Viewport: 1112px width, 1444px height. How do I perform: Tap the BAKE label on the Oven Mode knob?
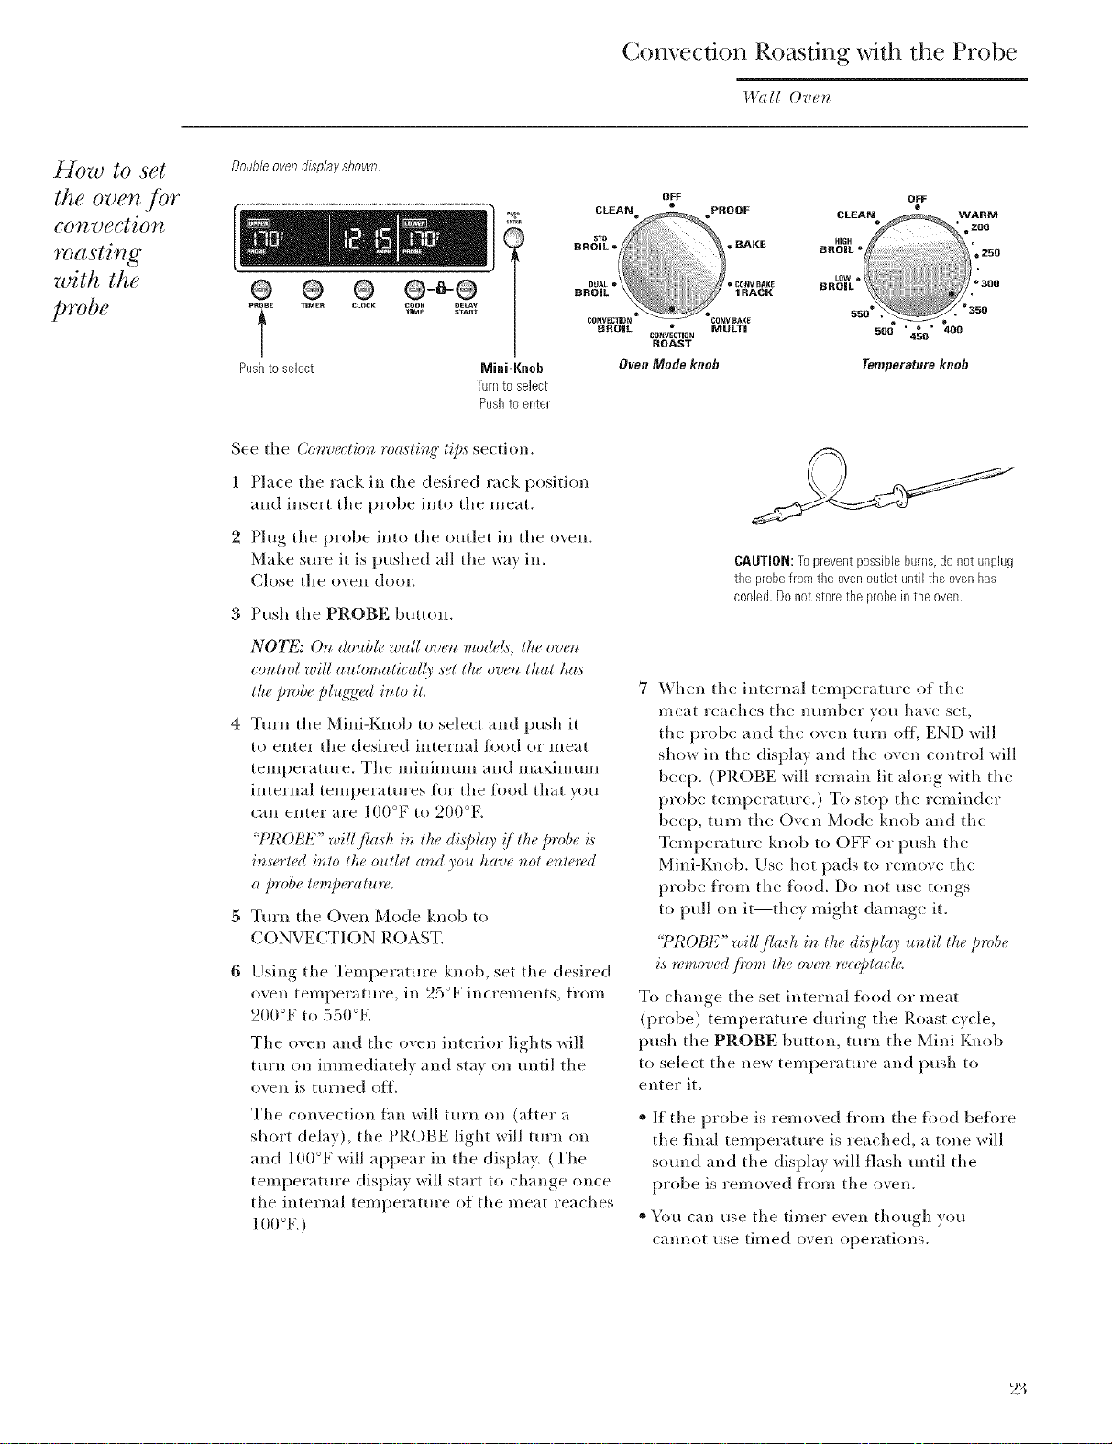[749, 245]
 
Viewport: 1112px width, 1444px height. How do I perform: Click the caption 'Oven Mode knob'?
[668, 365]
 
